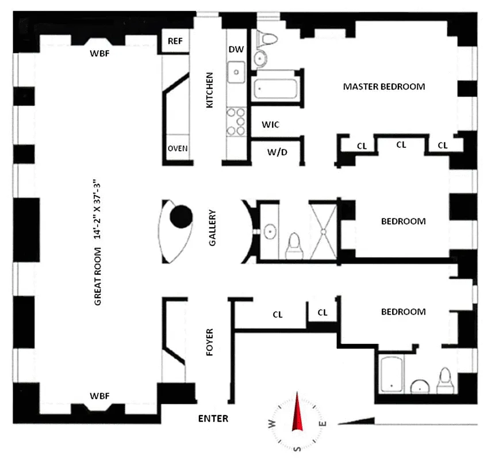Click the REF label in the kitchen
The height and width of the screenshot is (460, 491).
[x=175, y=41]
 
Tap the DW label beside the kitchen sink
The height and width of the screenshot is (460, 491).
[x=236, y=49]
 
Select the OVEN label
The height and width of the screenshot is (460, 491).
[x=178, y=148]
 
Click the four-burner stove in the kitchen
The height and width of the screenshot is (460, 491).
[x=236, y=121]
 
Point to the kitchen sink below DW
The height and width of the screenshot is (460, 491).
[x=236, y=72]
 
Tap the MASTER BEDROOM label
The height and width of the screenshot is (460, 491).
[x=383, y=87]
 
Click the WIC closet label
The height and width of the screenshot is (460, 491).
[x=270, y=124]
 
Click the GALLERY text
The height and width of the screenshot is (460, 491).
[x=212, y=228]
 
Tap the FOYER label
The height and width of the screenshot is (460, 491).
[x=209, y=343]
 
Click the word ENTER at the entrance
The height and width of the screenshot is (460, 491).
[x=213, y=419]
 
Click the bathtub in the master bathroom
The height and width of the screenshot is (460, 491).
[x=275, y=89]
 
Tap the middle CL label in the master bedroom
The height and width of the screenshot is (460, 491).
[x=401, y=145]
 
